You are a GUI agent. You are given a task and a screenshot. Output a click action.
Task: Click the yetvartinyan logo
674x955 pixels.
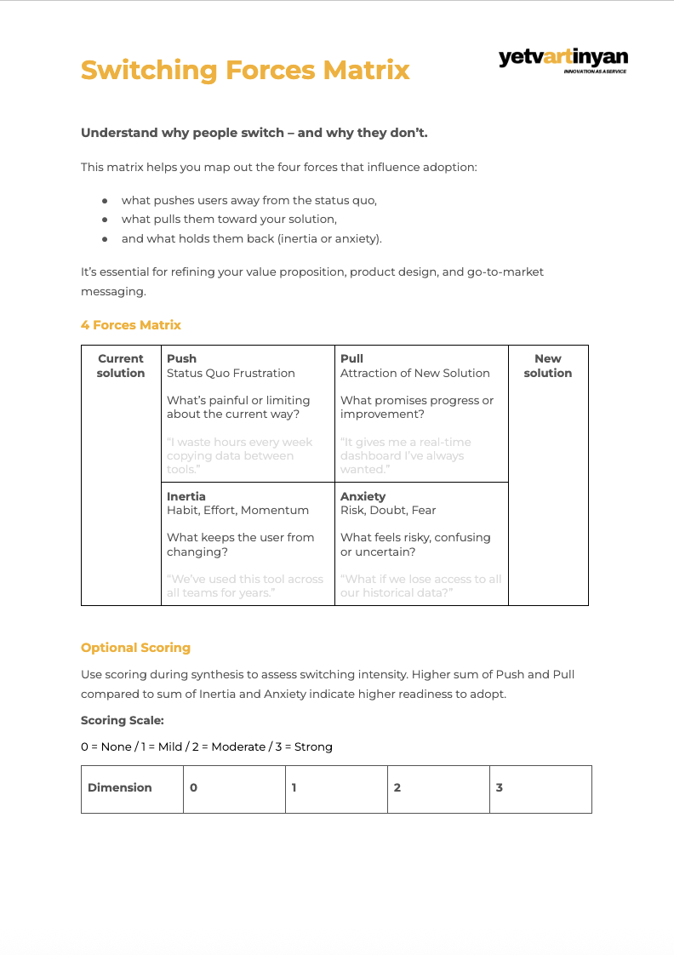click(x=563, y=60)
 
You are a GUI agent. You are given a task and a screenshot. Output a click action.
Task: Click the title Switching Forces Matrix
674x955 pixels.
click(x=245, y=70)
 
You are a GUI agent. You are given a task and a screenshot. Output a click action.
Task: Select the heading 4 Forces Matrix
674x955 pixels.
click(x=131, y=325)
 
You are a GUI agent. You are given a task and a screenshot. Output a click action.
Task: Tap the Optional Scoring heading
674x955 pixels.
click(x=135, y=648)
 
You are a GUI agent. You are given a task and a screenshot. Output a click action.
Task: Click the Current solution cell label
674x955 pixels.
click(x=121, y=366)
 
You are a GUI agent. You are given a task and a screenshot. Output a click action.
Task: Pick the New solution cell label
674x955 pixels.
click(x=548, y=366)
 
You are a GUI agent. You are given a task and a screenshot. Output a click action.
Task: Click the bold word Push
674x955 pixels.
click(x=181, y=359)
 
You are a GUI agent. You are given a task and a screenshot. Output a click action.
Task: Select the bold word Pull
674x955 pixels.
click(x=351, y=359)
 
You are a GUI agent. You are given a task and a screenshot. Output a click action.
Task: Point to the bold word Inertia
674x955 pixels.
click(x=186, y=496)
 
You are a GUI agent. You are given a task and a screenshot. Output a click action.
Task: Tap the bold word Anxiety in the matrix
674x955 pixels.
click(x=363, y=496)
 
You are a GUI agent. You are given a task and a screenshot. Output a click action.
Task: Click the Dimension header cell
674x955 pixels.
click(x=120, y=788)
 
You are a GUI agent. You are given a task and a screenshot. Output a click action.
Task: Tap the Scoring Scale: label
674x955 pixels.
click(x=122, y=720)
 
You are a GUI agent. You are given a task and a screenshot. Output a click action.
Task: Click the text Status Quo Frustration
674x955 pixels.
click(x=231, y=373)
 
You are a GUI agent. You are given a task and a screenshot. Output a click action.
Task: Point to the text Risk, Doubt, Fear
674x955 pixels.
click(x=388, y=510)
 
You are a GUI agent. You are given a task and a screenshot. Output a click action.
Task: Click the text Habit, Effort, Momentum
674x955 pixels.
click(x=237, y=510)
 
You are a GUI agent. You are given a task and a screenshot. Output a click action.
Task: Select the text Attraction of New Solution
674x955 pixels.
click(x=415, y=373)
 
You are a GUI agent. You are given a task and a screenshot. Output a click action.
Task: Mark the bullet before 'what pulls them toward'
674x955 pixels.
click(x=105, y=220)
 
